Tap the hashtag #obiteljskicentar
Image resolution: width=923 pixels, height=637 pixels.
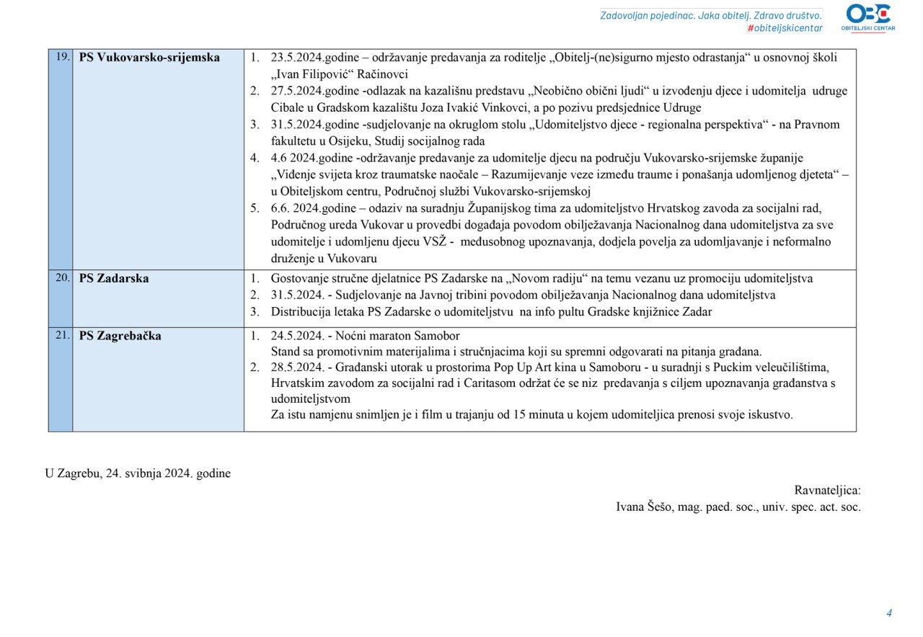(x=785, y=28)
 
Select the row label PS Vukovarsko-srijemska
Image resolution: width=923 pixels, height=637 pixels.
(x=149, y=58)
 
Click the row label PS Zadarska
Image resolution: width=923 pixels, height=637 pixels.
(x=114, y=278)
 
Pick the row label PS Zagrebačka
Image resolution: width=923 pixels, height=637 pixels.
(x=120, y=336)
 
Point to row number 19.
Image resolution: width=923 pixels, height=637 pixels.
(x=62, y=57)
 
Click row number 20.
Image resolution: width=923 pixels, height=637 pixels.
(x=62, y=277)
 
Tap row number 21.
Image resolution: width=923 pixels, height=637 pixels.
(x=62, y=335)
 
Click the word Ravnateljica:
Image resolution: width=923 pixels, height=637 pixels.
(x=827, y=490)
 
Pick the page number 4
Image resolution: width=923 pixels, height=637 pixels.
(x=889, y=613)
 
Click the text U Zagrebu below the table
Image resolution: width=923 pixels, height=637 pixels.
(x=72, y=473)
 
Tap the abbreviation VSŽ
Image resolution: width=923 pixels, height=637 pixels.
(x=424, y=241)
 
